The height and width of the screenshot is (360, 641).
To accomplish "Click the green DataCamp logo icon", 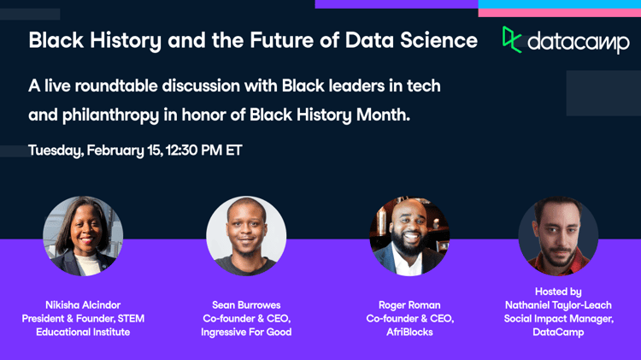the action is click(x=511, y=39).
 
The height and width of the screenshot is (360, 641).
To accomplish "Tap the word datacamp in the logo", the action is click(x=579, y=43).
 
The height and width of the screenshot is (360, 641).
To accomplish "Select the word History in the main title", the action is click(x=126, y=41).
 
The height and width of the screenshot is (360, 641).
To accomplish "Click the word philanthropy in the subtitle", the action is click(x=110, y=115).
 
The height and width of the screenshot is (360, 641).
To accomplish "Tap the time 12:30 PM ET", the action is click(x=204, y=150).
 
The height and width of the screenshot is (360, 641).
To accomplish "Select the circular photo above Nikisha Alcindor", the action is click(x=83, y=236).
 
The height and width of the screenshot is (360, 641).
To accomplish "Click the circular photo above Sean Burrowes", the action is click(x=246, y=236).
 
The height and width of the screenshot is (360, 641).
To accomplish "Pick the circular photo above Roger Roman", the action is click(x=409, y=236).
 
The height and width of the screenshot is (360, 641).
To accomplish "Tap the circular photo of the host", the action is click(x=558, y=236).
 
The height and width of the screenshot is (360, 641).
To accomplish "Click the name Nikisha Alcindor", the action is click(x=83, y=305).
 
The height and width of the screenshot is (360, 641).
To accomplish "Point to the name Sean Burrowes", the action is click(x=246, y=305).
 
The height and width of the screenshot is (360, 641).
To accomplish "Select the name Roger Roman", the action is click(x=409, y=305).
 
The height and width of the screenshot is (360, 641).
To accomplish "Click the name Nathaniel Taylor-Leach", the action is click(x=558, y=305).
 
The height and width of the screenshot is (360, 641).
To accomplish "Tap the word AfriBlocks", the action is click(x=409, y=332).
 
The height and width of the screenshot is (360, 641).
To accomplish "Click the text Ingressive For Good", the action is click(x=246, y=332).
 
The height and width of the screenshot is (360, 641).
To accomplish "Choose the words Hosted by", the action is click(x=558, y=292).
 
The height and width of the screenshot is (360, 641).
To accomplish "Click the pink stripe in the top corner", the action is click(x=560, y=13).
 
